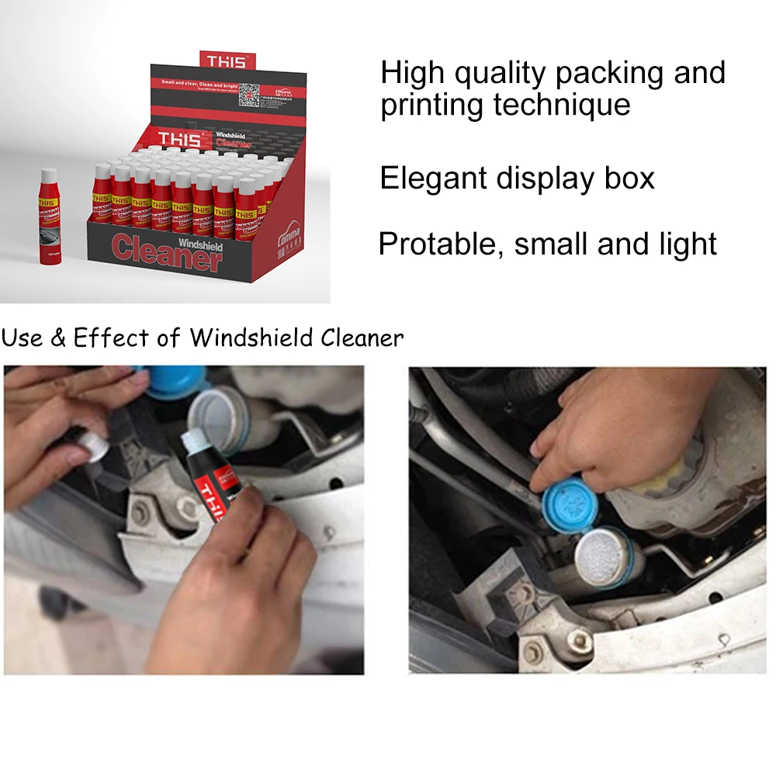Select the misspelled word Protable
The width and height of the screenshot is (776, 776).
441,244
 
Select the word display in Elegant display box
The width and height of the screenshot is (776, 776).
547,178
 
